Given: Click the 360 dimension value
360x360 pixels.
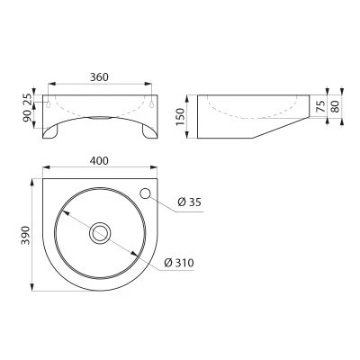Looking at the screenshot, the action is point(99,77).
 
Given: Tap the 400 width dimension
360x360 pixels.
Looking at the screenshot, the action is point(99,161).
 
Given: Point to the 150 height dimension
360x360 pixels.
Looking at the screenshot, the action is point(181,117).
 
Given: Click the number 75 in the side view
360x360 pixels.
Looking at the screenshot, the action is point(320,106).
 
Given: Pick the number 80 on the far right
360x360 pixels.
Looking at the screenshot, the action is point(335,106).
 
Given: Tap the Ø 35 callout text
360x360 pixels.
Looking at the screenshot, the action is point(189,202).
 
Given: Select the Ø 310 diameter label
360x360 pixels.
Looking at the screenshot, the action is point(179,263).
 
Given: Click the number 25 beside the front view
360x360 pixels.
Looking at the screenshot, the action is point(27,99).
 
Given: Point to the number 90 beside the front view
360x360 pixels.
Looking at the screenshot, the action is point(27,116).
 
